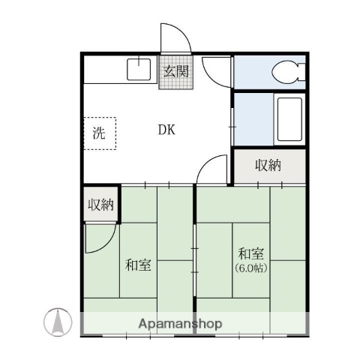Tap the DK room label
tap(166, 130)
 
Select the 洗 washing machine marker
tap(99, 134)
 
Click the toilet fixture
tap(286, 72)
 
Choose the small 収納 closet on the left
tap(100, 204)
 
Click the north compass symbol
tap(57, 322)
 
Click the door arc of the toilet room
tap(217, 73)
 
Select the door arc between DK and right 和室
tap(214, 169)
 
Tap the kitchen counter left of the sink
tap(103, 70)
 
